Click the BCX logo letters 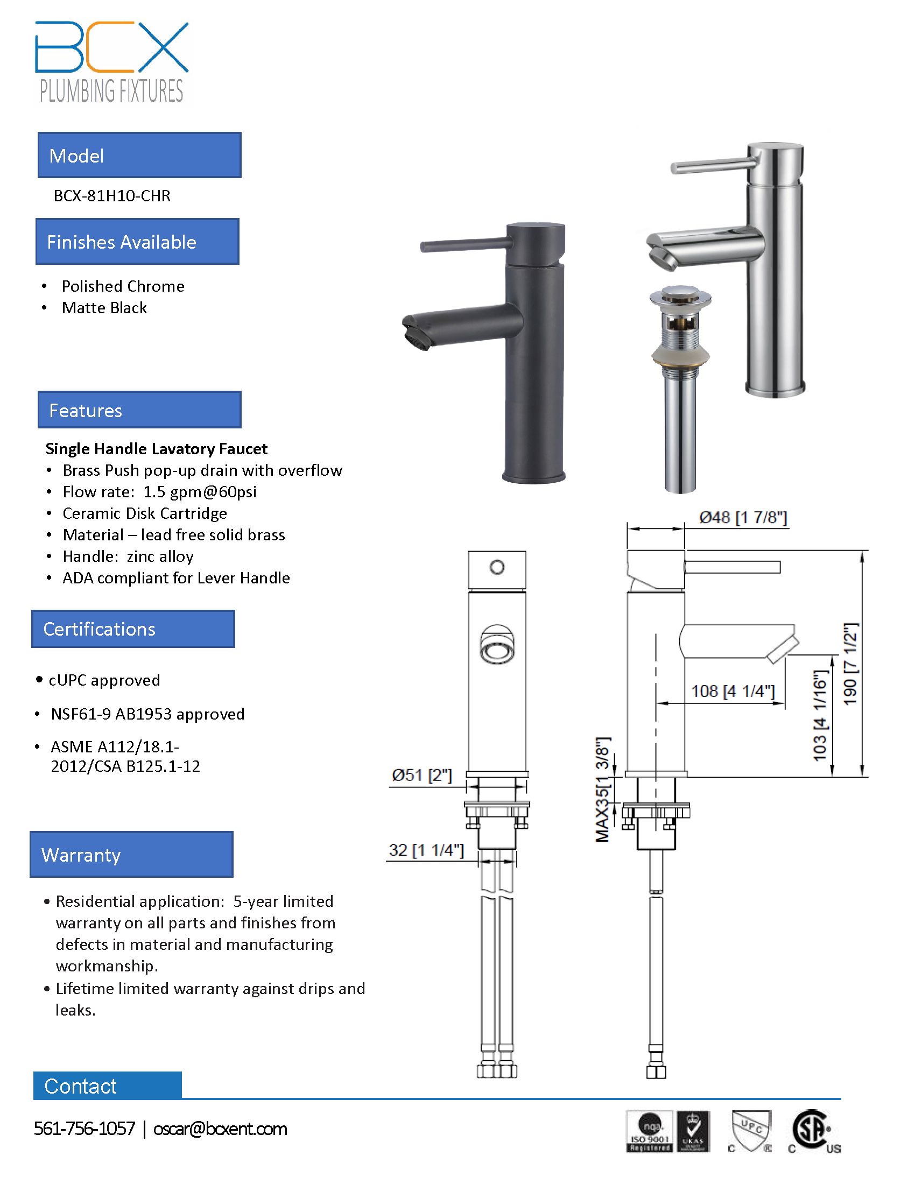tap(111, 47)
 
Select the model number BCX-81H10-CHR tap(112, 196)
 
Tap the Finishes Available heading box tap(138, 241)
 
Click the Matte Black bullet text tap(104, 308)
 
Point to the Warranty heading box tap(132, 855)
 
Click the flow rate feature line tap(159, 492)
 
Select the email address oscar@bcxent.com tap(220, 1129)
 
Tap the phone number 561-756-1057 tap(84, 1129)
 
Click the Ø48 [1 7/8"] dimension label tap(743, 518)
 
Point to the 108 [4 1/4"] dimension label tap(733, 691)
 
